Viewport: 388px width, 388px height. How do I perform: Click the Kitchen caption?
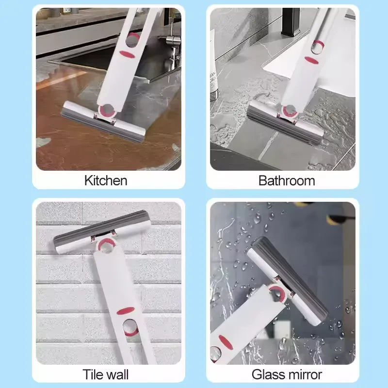(x=106, y=181)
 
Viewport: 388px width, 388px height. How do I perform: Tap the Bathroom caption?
(x=287, y=181)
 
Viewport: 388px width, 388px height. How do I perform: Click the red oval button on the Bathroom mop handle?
(x=311, y=60)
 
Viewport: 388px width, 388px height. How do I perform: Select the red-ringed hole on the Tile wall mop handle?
(x=130, y=327)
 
